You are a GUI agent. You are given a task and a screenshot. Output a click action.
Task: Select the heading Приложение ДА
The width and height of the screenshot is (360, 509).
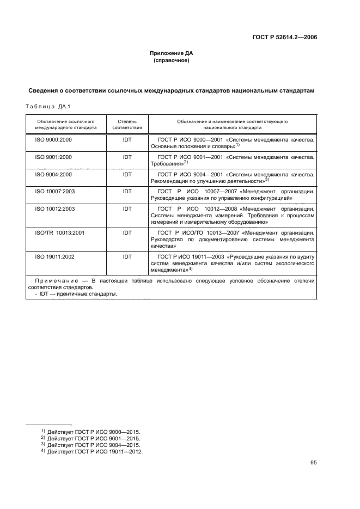point(172,53)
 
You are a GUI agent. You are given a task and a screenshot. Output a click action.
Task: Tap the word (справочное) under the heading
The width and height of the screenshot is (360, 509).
point(172,60)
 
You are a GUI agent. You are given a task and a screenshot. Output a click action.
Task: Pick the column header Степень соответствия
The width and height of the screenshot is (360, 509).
point(127,124)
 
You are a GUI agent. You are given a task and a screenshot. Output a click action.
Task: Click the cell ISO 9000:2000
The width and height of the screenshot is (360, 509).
point(53,140)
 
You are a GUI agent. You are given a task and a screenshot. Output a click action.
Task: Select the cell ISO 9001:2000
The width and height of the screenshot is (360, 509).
point(53,157)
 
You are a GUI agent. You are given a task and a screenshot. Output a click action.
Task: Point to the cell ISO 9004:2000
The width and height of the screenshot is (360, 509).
point(53,174)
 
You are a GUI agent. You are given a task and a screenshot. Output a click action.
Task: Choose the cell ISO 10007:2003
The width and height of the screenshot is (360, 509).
point(54,192)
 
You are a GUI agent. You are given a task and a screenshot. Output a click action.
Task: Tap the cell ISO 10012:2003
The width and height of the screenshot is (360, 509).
point(54,208)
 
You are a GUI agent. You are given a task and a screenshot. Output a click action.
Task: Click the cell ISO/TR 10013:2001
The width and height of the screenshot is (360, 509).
point(60,232)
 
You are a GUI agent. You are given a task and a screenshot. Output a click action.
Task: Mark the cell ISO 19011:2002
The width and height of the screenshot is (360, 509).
point(54,256)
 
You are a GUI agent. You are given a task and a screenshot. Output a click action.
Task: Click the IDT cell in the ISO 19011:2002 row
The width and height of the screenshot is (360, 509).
point(127,256)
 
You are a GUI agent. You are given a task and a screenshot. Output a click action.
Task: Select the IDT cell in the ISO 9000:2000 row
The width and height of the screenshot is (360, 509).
point(127,140)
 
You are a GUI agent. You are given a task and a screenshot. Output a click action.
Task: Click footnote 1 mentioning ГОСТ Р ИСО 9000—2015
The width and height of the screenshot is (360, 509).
point(91,431)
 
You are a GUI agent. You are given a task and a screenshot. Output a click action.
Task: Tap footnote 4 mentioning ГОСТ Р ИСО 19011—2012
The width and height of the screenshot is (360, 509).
point(92,451)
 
